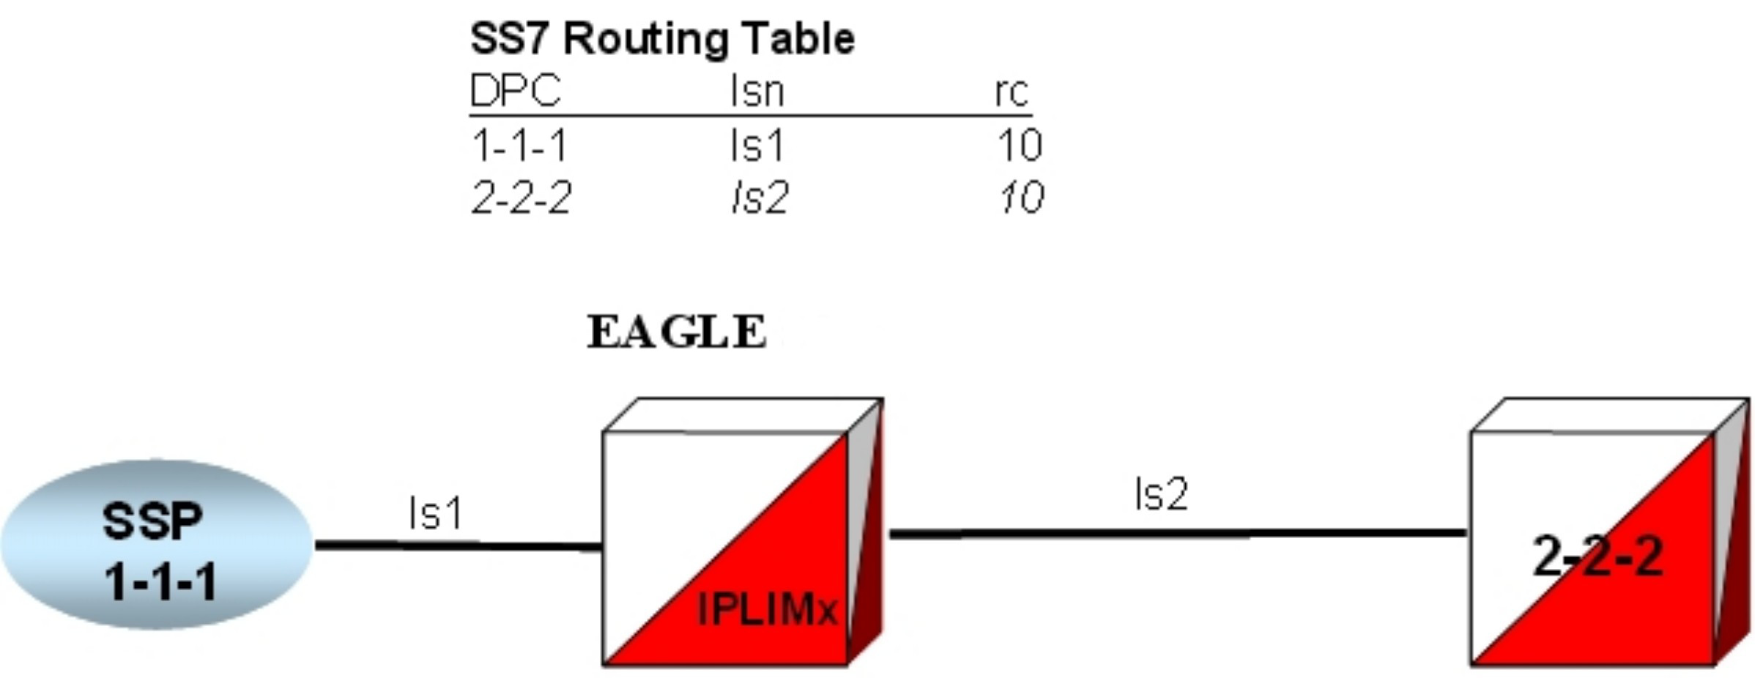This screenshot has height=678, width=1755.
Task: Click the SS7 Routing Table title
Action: click(662, 39)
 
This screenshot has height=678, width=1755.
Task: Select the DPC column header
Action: click(515, 92)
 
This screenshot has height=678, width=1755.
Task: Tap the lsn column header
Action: click(757, 92)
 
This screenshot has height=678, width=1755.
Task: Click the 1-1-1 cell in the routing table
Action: click(519, 145)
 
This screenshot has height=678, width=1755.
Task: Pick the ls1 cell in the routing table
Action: click(757, 145)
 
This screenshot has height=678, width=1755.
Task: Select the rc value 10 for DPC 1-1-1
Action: click(1020, 145)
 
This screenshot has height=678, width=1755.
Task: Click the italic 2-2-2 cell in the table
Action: click(521, 198)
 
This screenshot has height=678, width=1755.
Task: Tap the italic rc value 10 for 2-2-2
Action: click(1021, 198)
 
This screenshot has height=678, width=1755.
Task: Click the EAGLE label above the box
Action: click(677, 332)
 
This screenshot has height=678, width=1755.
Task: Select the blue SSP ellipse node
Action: click(157, 545)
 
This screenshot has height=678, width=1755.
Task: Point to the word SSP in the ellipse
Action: click(152, 522)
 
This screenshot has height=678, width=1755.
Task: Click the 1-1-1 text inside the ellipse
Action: click(160, 583)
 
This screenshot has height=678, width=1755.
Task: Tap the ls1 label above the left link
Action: click(436, 513)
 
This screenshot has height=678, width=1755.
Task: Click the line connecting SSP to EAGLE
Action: click(458, 545)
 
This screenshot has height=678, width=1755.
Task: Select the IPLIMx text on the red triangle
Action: click(766, 609)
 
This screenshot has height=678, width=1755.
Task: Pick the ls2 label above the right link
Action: click(1161, 494)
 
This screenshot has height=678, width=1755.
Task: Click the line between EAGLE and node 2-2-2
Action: click(1177, 534)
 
